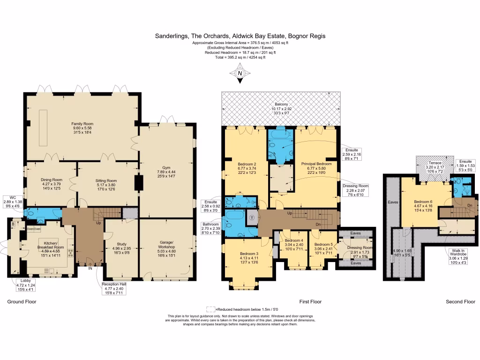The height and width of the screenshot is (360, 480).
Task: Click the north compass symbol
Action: [240, 74]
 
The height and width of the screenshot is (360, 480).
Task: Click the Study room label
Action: [119, 244]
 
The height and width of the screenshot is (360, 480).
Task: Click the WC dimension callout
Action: [13, 201]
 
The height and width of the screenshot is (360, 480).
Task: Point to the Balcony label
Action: [281, 104]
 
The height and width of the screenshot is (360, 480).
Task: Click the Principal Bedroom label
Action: [316, 164]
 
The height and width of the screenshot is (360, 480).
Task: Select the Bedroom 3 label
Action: [246, 254]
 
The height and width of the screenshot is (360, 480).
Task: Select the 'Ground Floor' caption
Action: [22, 302]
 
